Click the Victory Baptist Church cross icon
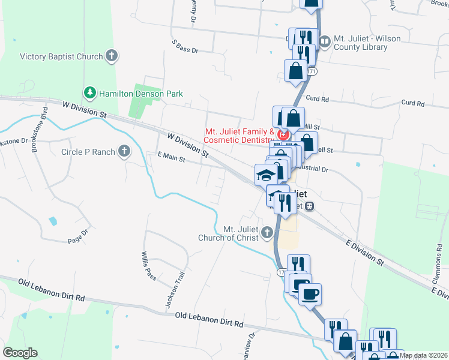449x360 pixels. coord(111,56)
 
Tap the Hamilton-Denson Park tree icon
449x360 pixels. coord(90,93)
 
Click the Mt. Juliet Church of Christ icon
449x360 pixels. coord(267,233)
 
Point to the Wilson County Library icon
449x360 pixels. coord(325,41)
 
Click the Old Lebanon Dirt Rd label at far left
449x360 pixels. coord(52,290)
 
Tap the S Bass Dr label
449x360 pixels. coord(184,47)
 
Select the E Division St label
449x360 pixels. coord(364,251)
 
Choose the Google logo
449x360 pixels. coord(20,353)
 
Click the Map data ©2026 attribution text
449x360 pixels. coord(423,355)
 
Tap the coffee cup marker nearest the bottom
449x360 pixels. coord(310,294)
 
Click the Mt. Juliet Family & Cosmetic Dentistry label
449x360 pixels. coord(239,136)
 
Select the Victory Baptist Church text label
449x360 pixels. coord(61,57)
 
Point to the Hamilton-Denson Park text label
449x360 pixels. coord(140,94)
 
